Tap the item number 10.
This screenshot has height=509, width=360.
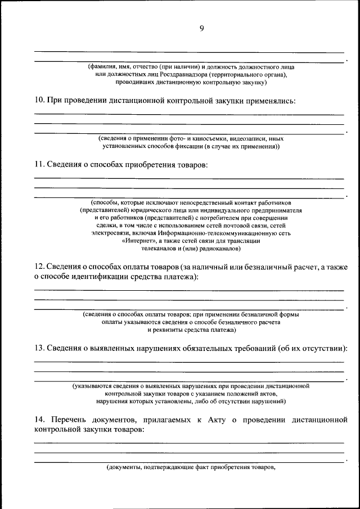coord(39,101)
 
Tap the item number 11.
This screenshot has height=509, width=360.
coord(39,165)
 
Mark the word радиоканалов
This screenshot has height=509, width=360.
coord(220,248)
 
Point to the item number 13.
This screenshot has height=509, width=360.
coord(39,348)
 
